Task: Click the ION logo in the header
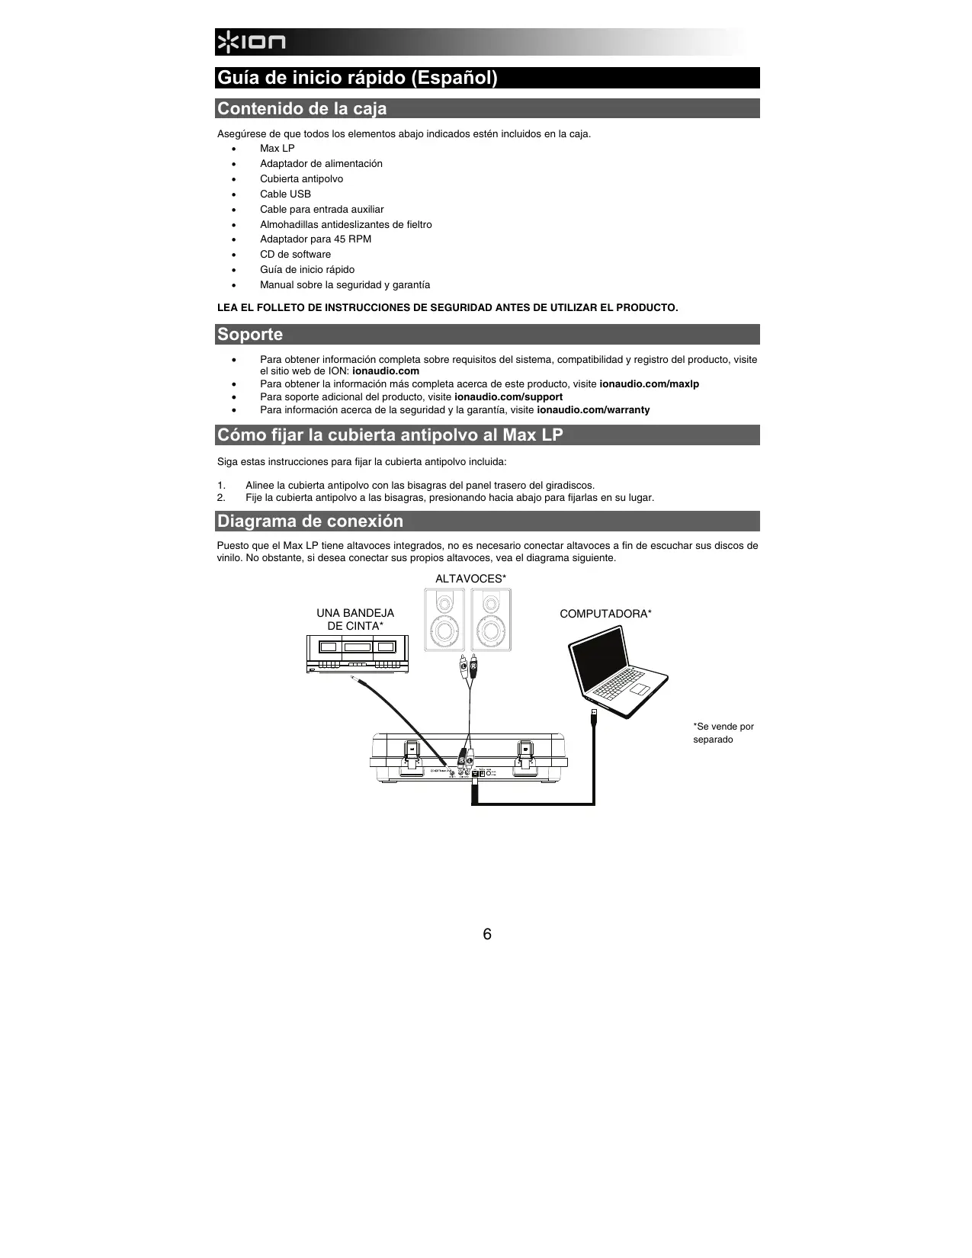[x=251, y=43]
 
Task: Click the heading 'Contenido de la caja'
[x=302, y=108]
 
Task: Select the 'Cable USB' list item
[x=285, y=194]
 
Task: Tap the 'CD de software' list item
[x=295, y=254]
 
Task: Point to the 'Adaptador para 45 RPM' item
[x=315, y=239]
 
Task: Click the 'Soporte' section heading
[x=250, y=334]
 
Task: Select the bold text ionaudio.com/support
[x=508, y=396]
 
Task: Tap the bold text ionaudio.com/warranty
[x=593, y=409]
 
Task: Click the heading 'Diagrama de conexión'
[x=310, y=521]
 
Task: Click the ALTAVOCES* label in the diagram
[x=470, y=579]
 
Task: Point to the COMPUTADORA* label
[x=605, y=614]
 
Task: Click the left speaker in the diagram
[x=444, y=619]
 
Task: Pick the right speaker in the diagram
[x=491, y=619]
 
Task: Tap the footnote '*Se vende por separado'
[x=723, y=733]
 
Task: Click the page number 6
[x=487, y=934]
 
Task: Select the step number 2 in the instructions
[x=221, y=498]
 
